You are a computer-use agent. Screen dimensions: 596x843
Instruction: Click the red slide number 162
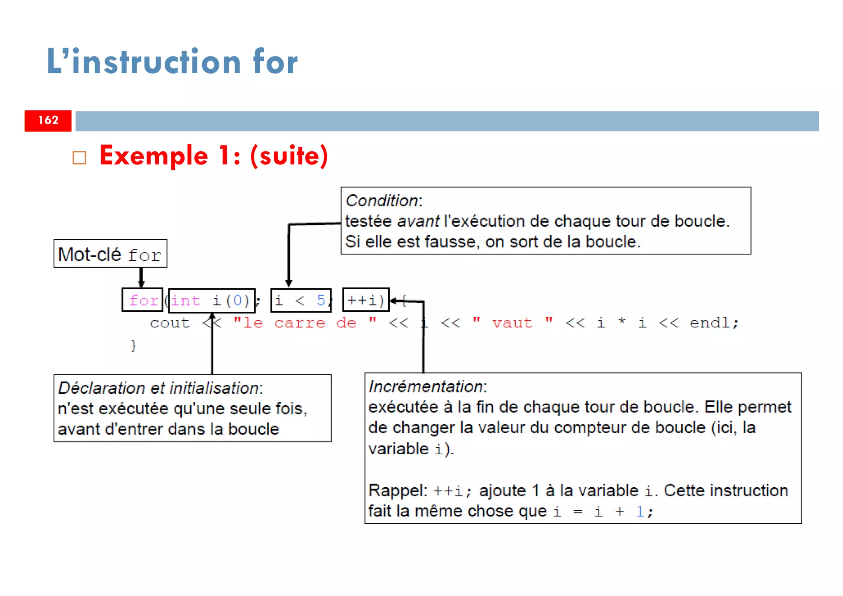(48, 120)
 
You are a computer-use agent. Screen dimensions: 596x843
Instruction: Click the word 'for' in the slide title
(275, 62)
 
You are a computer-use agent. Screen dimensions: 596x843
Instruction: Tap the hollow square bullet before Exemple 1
(79, 158)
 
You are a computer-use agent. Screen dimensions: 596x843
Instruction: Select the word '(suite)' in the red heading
(289, 156)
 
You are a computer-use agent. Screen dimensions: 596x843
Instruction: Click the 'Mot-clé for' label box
(110, 254)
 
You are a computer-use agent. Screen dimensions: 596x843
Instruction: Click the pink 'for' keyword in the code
(143, 300)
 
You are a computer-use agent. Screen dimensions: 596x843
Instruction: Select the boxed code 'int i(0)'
(211, 300)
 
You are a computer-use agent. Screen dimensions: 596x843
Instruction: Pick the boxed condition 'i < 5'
(300, 300)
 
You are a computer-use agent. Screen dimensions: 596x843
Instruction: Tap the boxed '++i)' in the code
(366, 300)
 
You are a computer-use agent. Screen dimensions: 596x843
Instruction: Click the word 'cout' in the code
(170, 323)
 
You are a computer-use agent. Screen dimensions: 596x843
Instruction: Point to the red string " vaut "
(512, 323)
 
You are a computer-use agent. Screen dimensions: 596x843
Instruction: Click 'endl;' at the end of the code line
(714, 323)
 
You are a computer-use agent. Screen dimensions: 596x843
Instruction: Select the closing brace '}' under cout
(133, 345)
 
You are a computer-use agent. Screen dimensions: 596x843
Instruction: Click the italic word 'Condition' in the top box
(382, 201)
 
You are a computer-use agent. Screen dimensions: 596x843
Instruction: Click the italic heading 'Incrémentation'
(426, 387)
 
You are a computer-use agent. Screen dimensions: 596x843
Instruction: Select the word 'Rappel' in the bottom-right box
(397, 491)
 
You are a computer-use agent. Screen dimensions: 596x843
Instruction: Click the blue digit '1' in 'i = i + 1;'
(639, 512)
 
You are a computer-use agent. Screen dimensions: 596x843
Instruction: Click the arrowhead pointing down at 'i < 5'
(289, 283)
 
